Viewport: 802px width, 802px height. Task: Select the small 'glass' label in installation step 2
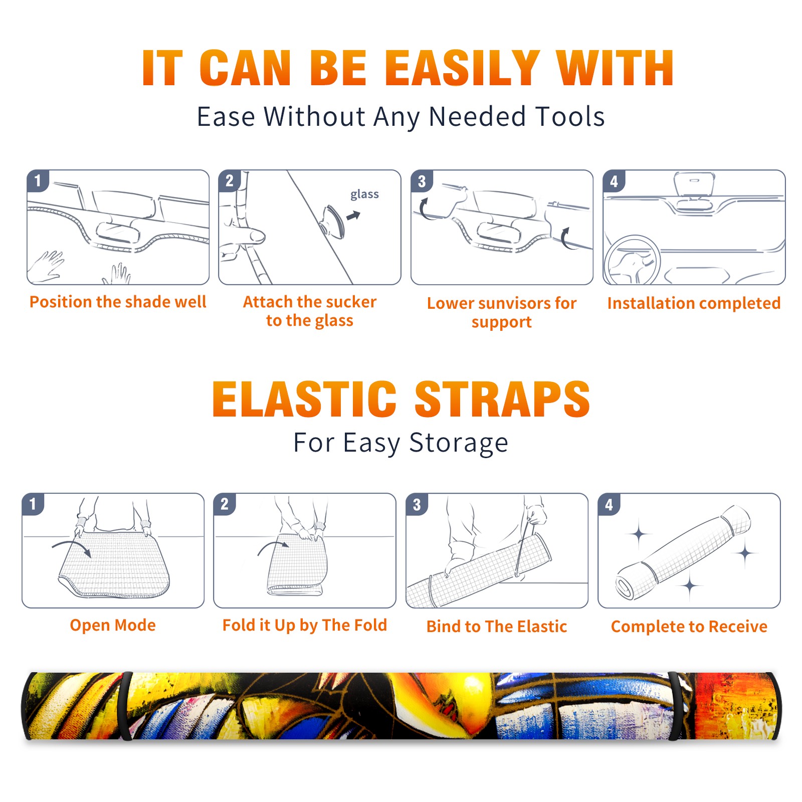(x=364, y=194)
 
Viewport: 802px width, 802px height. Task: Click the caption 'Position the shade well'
(x=118, y=302)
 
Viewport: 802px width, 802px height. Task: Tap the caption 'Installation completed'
(x=694, y=303)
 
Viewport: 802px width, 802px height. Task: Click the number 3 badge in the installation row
(x=421, y=181)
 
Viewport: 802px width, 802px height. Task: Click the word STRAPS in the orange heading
(x=502, y=399)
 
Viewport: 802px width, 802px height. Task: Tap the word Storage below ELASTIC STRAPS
(x=459, y=443)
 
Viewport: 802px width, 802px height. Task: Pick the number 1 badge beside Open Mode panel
(x=33, y=504)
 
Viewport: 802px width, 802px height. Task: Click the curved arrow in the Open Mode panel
(x=71, y=546)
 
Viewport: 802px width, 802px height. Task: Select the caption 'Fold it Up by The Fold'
(x=305, y=625)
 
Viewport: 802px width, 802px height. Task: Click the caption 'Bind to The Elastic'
(x=497, y=627)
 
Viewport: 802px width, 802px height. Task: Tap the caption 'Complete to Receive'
(x=689, y=627)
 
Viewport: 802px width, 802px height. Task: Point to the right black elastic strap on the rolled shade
(x=677, y=706)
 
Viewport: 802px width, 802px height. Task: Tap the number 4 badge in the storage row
(x=609, y=504)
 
